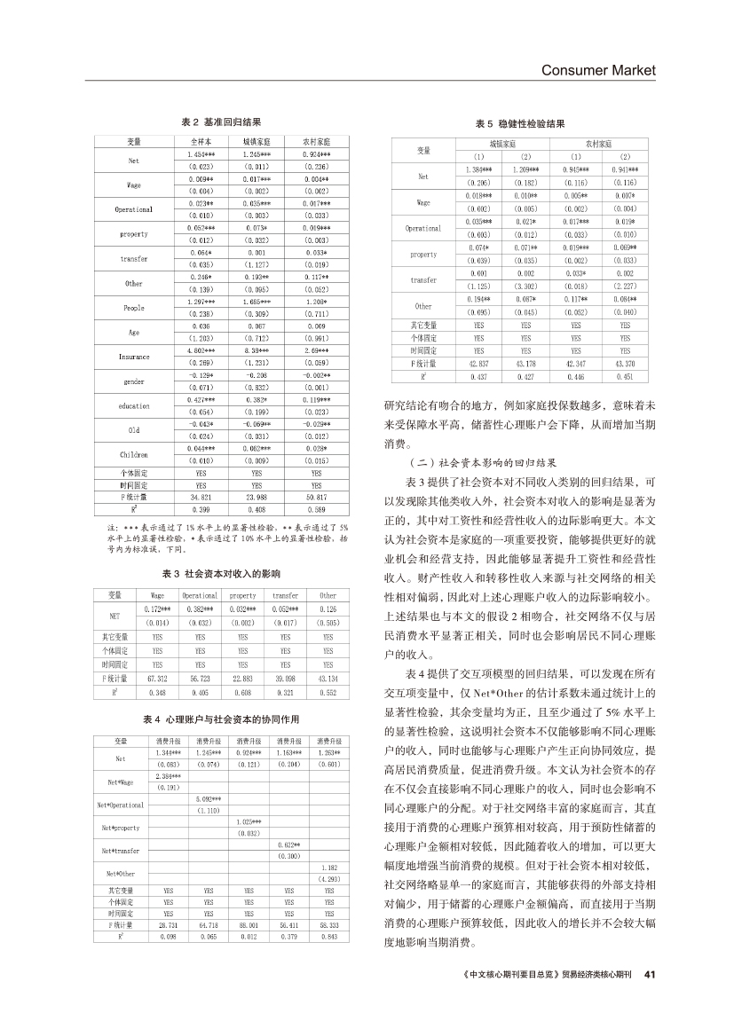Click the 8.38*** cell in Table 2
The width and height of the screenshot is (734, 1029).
[x=257, y=351]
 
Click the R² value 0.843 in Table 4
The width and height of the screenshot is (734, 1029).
[x=328, y=936]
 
